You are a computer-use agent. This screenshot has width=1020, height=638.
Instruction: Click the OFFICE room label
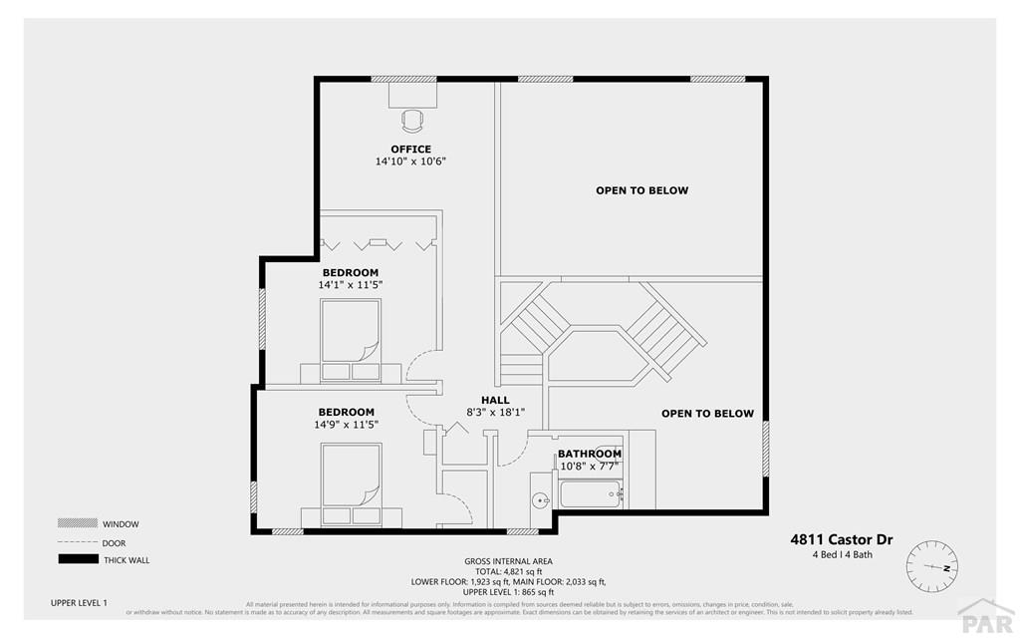pos(410,150)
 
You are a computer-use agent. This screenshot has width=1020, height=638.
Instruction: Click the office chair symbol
pos(411,121)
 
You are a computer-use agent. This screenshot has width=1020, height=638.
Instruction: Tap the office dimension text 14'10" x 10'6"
pos(410,161)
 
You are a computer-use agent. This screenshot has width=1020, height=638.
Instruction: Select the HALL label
pos(495,400)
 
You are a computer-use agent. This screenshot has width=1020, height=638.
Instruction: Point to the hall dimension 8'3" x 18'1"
pos(495,412)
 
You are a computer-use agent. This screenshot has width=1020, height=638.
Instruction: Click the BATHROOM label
pos(590,454)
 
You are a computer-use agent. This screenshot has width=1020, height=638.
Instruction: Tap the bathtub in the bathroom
pos(590,493)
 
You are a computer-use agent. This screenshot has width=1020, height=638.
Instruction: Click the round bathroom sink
pos(540,500)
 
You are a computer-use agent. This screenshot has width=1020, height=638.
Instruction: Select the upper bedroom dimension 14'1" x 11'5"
pos(351,284)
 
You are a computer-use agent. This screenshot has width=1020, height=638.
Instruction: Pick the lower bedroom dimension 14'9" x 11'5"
pos(347,424)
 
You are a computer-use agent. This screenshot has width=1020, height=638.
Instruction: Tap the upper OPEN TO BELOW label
pos(641,190)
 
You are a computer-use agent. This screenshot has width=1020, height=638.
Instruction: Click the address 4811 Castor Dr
pos(842,540)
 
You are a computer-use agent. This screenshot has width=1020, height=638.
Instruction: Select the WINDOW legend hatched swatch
pos(77,523)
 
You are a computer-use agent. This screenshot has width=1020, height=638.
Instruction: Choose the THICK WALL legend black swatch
pos(77,559)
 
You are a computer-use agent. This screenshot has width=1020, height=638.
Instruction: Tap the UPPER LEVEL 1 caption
pos(79,603)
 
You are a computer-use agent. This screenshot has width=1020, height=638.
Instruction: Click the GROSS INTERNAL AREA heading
pos(508,561)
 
